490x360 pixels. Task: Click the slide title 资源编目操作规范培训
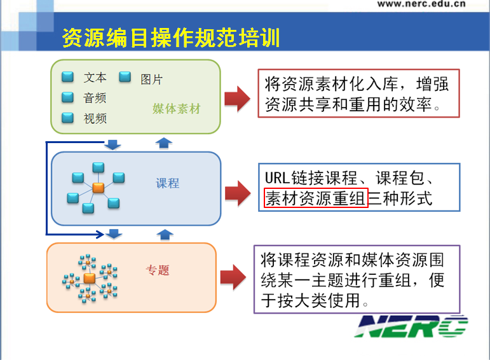(x=170, y=38)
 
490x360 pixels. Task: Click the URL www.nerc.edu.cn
(x=421, y=3)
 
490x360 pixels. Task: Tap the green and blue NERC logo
(x=411, y=326)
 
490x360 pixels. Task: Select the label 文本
(x=95, y=77)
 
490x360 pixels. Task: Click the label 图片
(x=151, y=80)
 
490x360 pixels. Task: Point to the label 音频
(x=95, y=98)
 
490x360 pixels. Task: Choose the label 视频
(x=95, y=118)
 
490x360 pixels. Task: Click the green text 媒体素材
(x=176, y=109)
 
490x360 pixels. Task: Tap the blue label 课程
(x=168, y=183)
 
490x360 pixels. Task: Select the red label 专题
(x=158, y=270)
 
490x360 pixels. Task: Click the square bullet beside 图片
(x=125, y=76)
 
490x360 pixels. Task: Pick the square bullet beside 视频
(x=67, y=118)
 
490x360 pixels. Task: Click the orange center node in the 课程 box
(x=99, y=188)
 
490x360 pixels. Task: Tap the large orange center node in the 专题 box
(x=90, y=278)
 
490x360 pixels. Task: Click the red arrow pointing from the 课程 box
(x=238, y=193)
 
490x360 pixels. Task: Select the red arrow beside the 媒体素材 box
(x=238, y=99)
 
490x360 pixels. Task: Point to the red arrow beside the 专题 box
(x=233, y=277)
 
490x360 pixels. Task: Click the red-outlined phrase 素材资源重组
(x=316, y=198)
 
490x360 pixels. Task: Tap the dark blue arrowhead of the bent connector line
(x=100, y=234)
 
